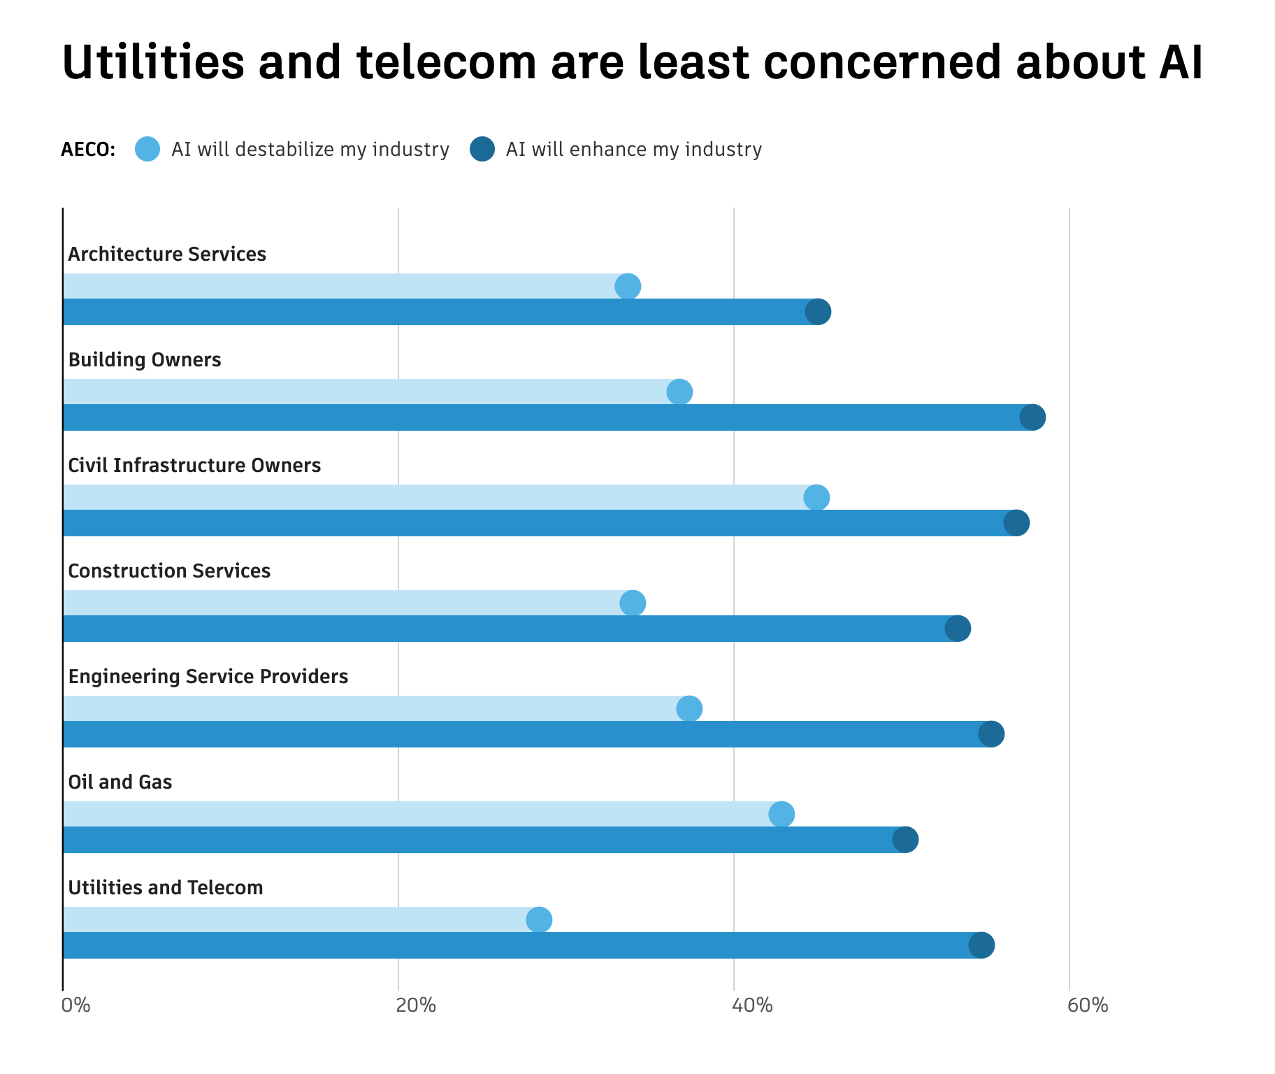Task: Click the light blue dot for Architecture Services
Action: (628, 286)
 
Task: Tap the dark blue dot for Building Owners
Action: (1032, 417)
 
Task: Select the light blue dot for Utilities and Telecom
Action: (539, 919)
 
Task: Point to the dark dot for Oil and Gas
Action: (905, 840)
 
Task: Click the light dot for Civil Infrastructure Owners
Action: (816, 498)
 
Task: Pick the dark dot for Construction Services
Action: (958, 629)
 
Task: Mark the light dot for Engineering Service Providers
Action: (689, 709)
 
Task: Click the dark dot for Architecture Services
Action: (818, 312)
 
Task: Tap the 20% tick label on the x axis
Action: (416, 1006)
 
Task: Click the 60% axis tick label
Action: (1088, 1006)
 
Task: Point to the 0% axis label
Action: (76, 1006)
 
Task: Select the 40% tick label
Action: (752, 1006)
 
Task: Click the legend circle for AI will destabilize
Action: (147, 149)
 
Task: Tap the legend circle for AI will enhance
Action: (482, 149)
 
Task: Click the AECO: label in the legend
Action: (88, 150)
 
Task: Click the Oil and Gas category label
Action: (120, 782)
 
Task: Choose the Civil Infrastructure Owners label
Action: (194, 465)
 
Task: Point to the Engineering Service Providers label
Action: (208, 676)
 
